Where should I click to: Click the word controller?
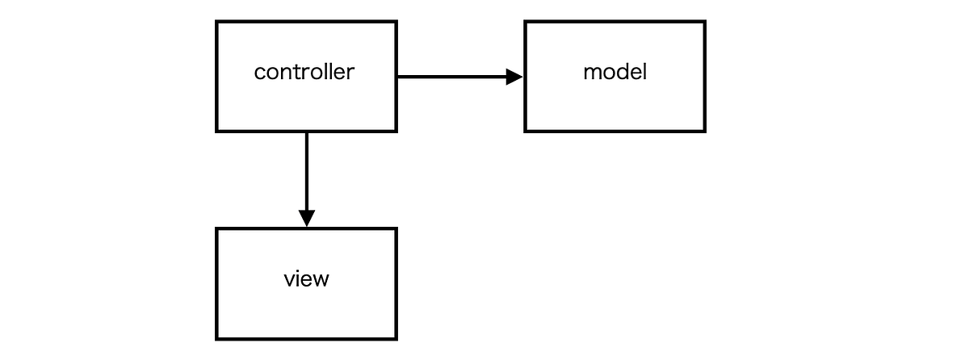(x=304, y=72)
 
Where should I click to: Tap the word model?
(x=615, y=72)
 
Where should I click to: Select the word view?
(x=307, y=279)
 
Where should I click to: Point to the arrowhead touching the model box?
(x=514, y=77)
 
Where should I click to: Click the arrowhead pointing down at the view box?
(x=306, y=218)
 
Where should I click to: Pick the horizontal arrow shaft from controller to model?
(x=452, y=77)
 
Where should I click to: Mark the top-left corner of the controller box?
(x=217, y=23)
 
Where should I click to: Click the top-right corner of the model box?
(x=704, y=23)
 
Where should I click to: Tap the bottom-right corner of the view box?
(x=396, y=338)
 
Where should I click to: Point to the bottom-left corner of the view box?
(x=217, y=338)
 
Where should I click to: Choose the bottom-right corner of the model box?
(x=704, y=130)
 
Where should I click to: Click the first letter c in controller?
(x=259, y=73)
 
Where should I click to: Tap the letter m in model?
(x=590, y=73)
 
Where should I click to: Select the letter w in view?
(x=321, y=280)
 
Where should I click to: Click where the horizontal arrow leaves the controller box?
(x=397, y=77)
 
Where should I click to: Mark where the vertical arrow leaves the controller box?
(x=306, y=132)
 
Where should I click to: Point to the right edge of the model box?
(x=704, y=77)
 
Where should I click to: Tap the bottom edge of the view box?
(x=307, y=338)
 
